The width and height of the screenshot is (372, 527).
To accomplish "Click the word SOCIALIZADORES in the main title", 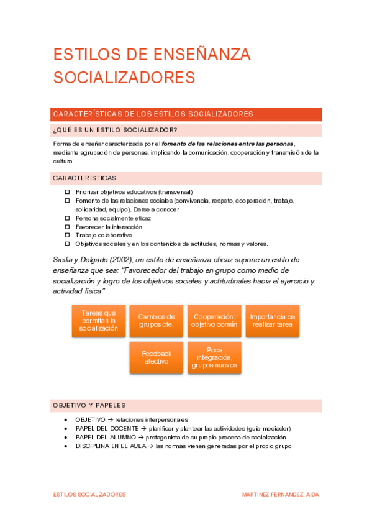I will [124, 77].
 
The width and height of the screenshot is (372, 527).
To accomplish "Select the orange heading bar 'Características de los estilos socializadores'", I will [187, 114].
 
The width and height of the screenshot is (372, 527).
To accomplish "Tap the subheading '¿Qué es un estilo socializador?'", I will [115, 130].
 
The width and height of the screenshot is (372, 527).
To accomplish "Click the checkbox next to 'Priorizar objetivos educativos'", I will [68, 192].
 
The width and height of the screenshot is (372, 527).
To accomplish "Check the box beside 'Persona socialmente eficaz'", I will [68, 218].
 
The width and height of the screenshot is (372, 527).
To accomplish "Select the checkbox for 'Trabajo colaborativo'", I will [68, 236].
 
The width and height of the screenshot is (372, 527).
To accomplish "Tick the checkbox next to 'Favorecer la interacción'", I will [68, 227].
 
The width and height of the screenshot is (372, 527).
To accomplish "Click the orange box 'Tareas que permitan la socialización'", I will [99, 321].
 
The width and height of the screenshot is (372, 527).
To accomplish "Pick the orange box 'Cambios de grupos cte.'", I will [157, 321].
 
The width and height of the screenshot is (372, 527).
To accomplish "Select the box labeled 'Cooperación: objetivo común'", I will [214, 321].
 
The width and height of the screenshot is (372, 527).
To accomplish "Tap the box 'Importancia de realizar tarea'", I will [272, 321].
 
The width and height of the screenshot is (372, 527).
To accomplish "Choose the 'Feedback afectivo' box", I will [157, 357].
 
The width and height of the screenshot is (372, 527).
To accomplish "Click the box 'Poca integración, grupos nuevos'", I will [214, 357].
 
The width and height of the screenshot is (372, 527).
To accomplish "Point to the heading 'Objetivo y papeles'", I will [89, 405].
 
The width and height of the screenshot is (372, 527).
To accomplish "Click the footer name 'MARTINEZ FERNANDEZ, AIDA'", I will [281, 494].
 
